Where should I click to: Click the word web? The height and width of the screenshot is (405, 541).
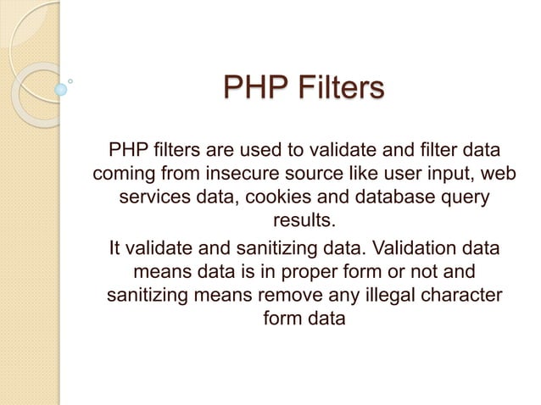click(x=500, y=175)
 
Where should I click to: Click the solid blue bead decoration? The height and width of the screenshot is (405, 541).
click(x=60, y=88)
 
